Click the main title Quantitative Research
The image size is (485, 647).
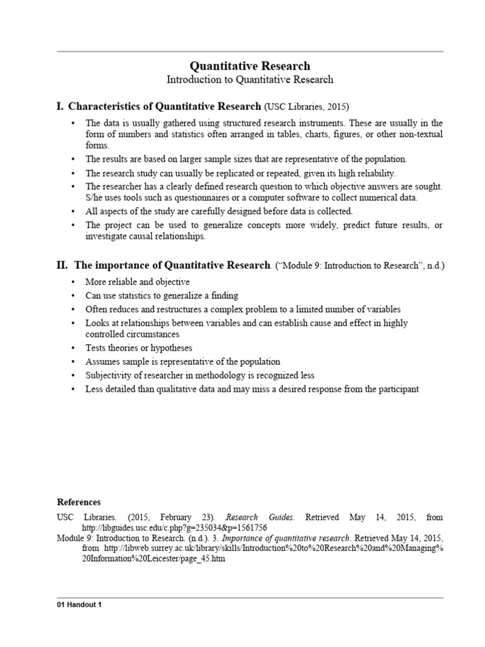pos(250,66)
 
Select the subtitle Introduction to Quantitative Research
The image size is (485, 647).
pos(250,80)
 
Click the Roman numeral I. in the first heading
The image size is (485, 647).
pos(61,106)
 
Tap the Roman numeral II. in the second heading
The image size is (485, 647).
pos(63,265)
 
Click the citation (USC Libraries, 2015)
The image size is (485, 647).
pos(306,107)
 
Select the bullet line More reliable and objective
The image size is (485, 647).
pos(138,282)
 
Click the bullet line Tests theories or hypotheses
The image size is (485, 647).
pos(139,348)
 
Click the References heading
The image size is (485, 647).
pos(79,502)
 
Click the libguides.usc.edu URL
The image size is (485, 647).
pos(175,527)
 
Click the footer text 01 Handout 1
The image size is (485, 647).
pos(80,605)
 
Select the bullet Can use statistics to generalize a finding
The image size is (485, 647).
pos(162,296)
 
